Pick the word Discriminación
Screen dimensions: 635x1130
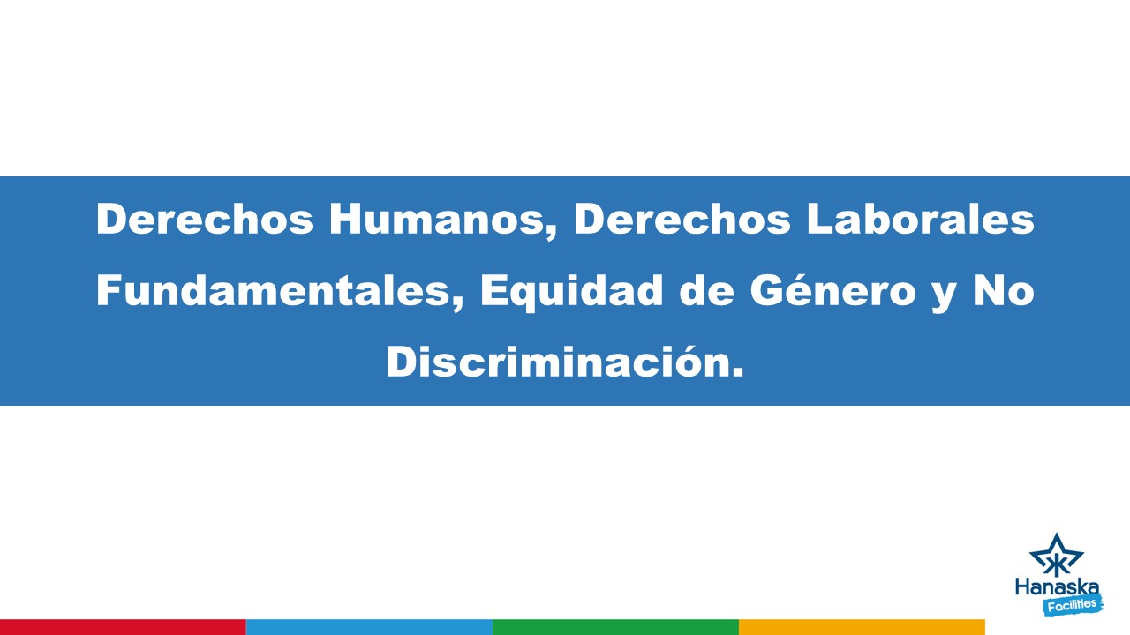click(558, 362)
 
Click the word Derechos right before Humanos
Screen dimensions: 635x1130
click(205, 220)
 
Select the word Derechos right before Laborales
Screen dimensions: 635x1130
click(682, 220)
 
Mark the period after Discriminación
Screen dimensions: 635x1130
click(738, 373)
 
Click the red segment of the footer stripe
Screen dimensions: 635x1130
click(123, 627)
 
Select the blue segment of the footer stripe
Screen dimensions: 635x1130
click(369, 627)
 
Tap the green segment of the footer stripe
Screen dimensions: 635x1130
click(615, 627)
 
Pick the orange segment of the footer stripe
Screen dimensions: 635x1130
click(862, 627)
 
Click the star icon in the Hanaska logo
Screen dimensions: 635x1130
click(1056, 556)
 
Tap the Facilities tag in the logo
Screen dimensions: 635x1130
click(1072, 605)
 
